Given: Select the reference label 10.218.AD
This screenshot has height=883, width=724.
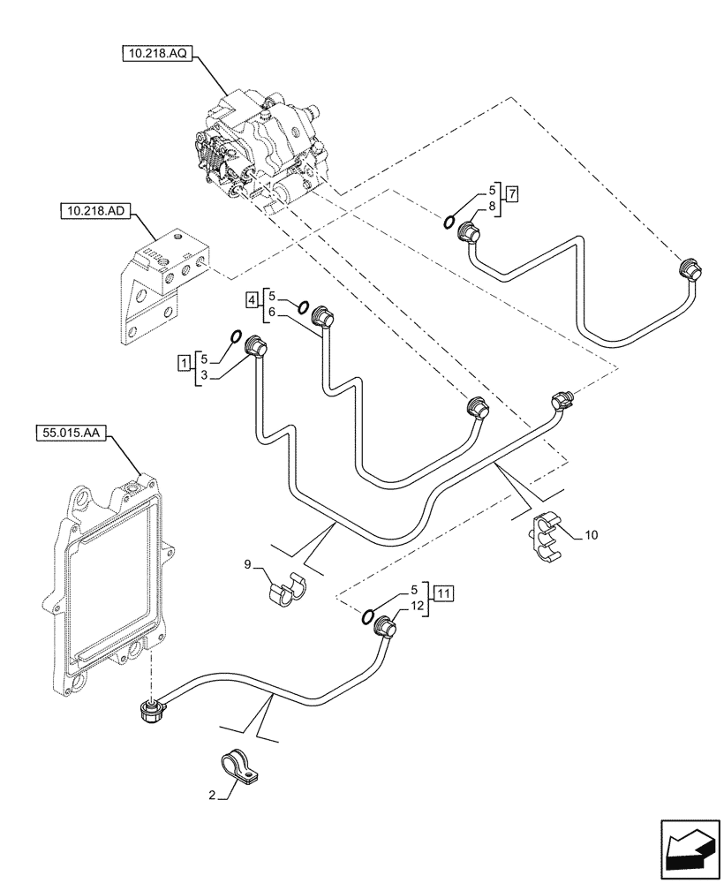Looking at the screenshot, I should click(94, 211).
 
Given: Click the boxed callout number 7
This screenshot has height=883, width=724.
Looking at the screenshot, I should click(512, 192).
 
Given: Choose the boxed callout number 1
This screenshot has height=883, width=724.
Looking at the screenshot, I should click(183, 362).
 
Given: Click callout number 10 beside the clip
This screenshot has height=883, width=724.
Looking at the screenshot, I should click(591, 535).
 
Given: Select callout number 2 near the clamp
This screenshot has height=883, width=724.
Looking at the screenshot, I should click(212, 795).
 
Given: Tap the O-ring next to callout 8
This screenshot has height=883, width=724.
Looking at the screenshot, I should click(450, 221).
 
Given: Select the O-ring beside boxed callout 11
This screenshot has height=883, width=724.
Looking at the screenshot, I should click(368, 615).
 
